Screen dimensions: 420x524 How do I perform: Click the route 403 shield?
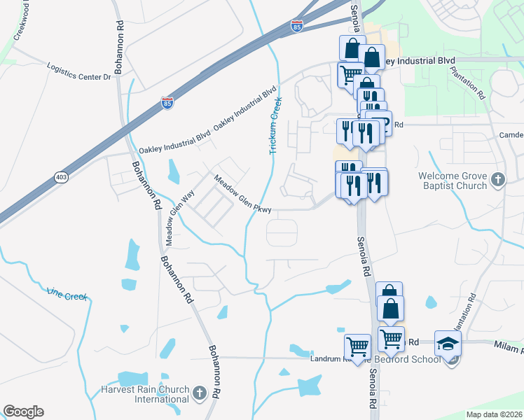[62, 178]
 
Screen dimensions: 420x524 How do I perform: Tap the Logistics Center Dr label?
[79, 72]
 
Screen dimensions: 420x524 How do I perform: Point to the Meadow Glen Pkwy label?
[242, 192]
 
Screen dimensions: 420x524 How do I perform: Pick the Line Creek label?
[67, 295]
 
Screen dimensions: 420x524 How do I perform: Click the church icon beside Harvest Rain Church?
[200, 392]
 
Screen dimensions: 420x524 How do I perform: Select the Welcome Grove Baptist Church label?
[453, 181]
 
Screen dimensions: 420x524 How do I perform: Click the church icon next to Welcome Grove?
[498, 179]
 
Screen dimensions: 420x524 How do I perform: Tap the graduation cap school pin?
[448, 343]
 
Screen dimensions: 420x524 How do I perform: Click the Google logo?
[23, 412]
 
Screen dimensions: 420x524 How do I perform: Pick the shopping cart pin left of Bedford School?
[357, 346]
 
